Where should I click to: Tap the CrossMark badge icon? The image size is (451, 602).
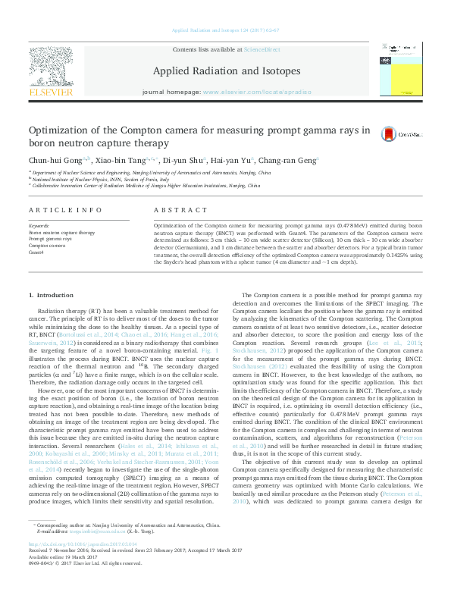[x=389, y=134]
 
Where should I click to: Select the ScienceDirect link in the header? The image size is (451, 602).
[x=262, y=49]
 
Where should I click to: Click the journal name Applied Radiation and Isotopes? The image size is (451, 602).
[x=226, y=71]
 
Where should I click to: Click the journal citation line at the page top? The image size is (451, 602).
[x=225, y=30]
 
